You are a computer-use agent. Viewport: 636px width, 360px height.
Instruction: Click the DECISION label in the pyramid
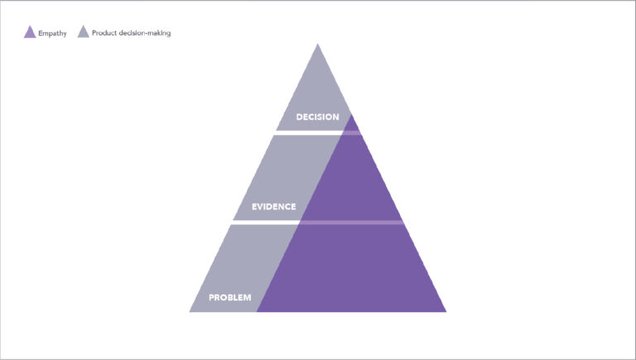coord(318,118)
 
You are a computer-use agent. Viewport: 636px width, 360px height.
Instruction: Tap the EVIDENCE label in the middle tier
coord(274,207)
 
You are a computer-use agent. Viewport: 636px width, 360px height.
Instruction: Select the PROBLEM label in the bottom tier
coord(230,298)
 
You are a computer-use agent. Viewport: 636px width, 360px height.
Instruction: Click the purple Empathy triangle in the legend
coord(30,32)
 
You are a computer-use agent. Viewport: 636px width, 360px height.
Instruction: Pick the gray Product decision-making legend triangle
coord(83,32)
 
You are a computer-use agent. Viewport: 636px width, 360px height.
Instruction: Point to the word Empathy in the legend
coord(52,33)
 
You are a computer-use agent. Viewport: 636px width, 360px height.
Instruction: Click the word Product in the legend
coord(104,33)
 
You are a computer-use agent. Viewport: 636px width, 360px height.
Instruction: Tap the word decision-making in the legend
coord(144,33)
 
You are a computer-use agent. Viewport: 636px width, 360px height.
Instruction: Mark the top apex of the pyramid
coord(318,44)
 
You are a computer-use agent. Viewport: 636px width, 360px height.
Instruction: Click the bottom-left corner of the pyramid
coord(190,312)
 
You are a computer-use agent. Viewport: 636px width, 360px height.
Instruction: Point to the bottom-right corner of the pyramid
coord(446,312)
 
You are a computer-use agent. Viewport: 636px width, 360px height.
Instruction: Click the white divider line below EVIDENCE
coord(265,223)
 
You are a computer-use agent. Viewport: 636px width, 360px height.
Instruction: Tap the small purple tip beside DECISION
coord(352,124)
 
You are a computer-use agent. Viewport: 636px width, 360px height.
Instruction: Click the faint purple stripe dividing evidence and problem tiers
coord(352,223)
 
